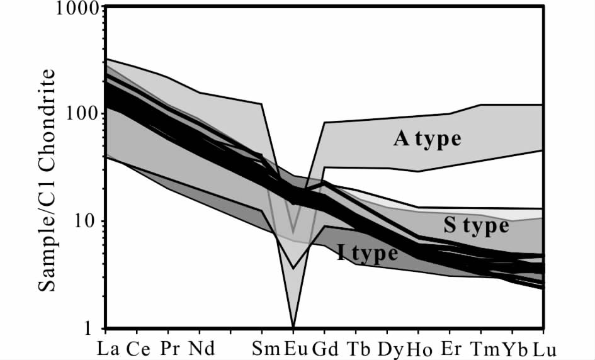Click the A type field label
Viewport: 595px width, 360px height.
click(428, 138)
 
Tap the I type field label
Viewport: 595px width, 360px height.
click(368, 253)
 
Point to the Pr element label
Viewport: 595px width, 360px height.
click(168, 347)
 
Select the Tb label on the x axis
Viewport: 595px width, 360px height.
click(356, 347)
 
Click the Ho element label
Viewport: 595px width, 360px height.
click(419, 347)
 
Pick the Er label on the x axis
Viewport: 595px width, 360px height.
click(450, 347)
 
